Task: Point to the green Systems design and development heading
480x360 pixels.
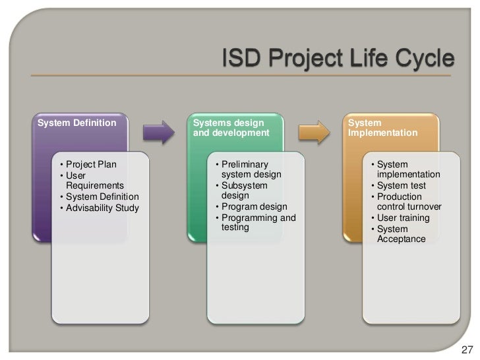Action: (231, 128)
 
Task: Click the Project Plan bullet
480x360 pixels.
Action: (90, 164)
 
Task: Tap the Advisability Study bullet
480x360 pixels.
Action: (102, 208)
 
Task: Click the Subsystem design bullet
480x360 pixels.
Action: (245, 191)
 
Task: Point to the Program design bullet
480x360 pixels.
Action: (254, 207)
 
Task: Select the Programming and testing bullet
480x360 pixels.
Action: (258, 222)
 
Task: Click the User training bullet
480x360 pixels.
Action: (403, 218)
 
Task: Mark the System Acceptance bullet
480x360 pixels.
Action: (401, 233)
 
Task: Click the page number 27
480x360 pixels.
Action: (466, 349)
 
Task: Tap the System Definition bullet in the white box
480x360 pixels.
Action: (102, 197)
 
